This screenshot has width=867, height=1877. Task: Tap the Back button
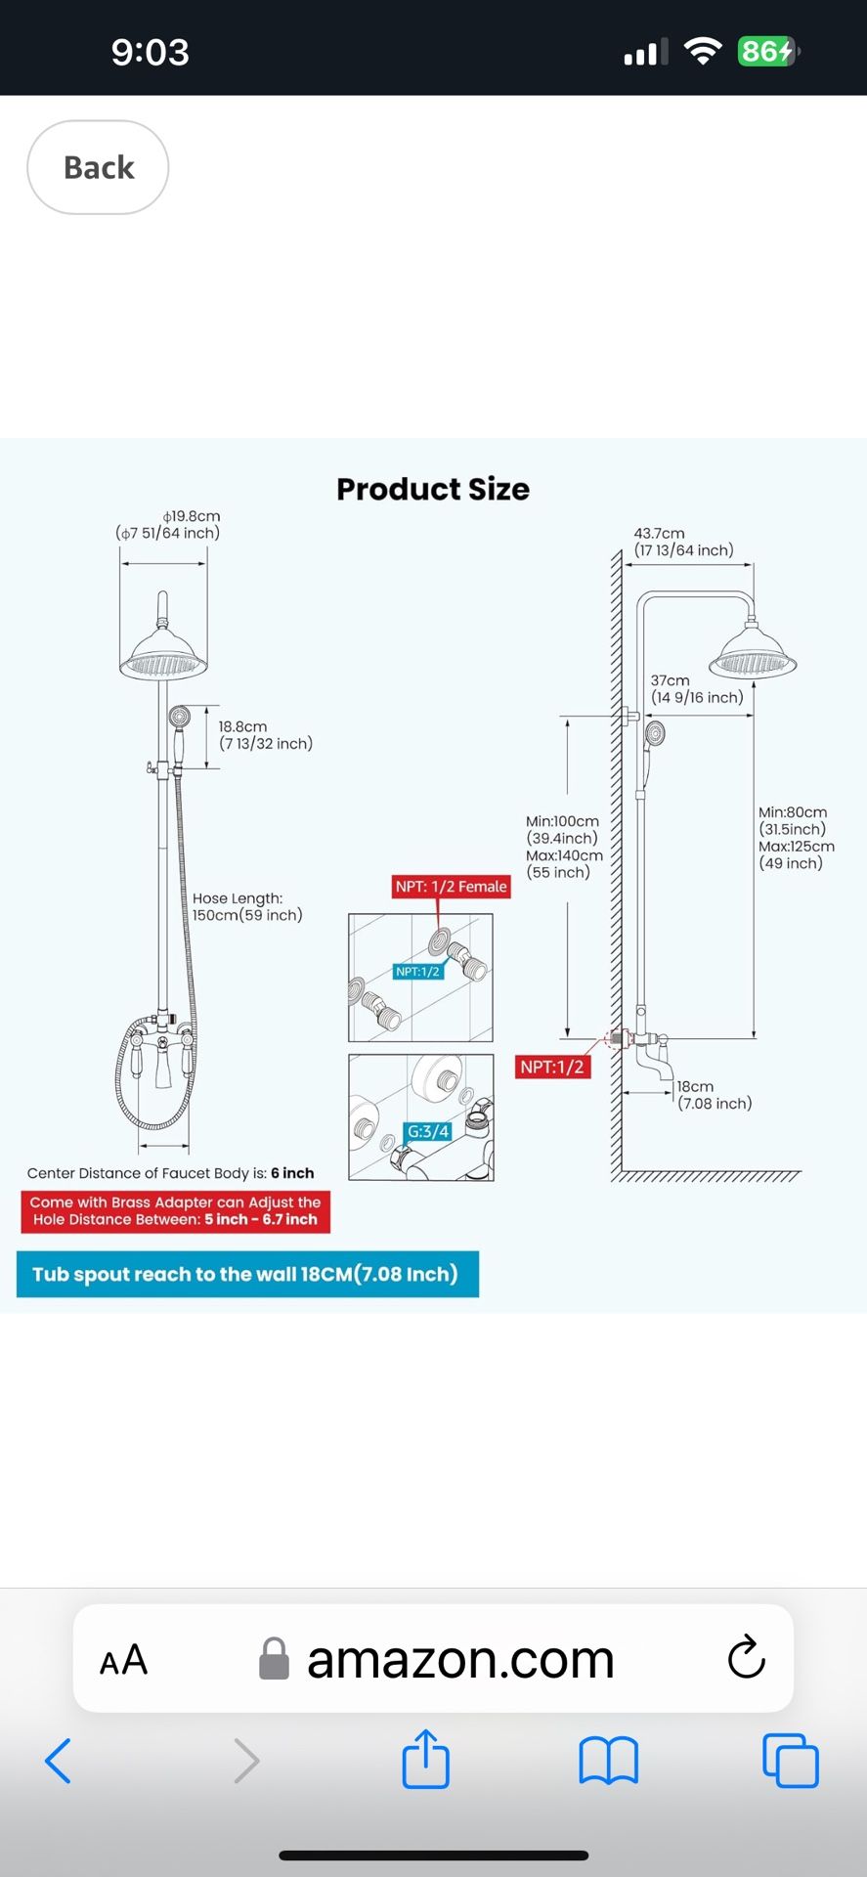coord(98,167)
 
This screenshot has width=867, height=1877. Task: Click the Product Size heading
coord(433,489)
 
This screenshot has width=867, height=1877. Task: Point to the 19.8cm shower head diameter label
coord(168,524)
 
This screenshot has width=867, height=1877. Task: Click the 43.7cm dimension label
coord(683,542)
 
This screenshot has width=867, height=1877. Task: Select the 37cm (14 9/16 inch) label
coord(697,688)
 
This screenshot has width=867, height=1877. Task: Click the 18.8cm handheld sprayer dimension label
coord(265,735)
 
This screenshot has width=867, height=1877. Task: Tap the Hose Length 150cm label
coord(247,906)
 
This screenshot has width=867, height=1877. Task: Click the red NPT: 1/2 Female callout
coord(451,887)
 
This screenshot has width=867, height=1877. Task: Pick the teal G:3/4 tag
coord(428,1131)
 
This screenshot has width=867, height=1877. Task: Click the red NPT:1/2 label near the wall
coord(552,1067)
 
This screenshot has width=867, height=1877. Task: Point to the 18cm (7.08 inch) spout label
coord(715,1095)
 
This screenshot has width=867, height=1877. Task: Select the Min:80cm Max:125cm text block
coord(796,838)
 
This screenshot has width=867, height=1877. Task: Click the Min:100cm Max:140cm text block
coord(564,847)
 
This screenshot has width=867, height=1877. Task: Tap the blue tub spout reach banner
coord(247,1274)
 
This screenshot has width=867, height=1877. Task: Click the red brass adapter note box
coord(175,1210)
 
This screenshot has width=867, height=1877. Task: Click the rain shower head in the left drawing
coord(163,655)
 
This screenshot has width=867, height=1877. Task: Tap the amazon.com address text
coord(459,1659)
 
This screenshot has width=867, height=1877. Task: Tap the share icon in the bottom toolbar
coord(426,1760)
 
